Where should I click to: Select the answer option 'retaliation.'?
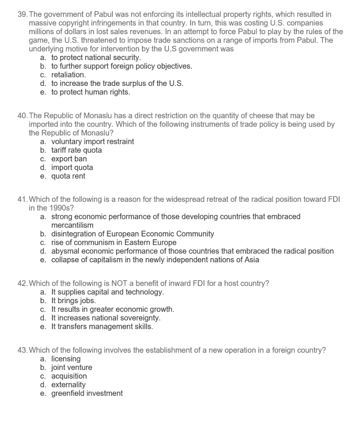tap(68, 75)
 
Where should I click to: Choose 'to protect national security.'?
tap(96, 58)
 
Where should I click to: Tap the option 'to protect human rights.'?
tap(91, 92)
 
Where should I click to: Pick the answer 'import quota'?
tap(72, 168)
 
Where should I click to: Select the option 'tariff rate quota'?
tap(76, 150)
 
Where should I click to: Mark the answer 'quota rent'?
tap(68, 176)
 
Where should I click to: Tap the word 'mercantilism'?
tap(73, 225)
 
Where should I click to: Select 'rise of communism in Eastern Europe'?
tap(113, 242)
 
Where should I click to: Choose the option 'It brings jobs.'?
tap(73, 301)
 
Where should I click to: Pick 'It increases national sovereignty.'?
tap(106, 318)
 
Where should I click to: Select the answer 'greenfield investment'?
tap(87, 393)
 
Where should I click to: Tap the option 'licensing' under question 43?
tap(66, 359)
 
